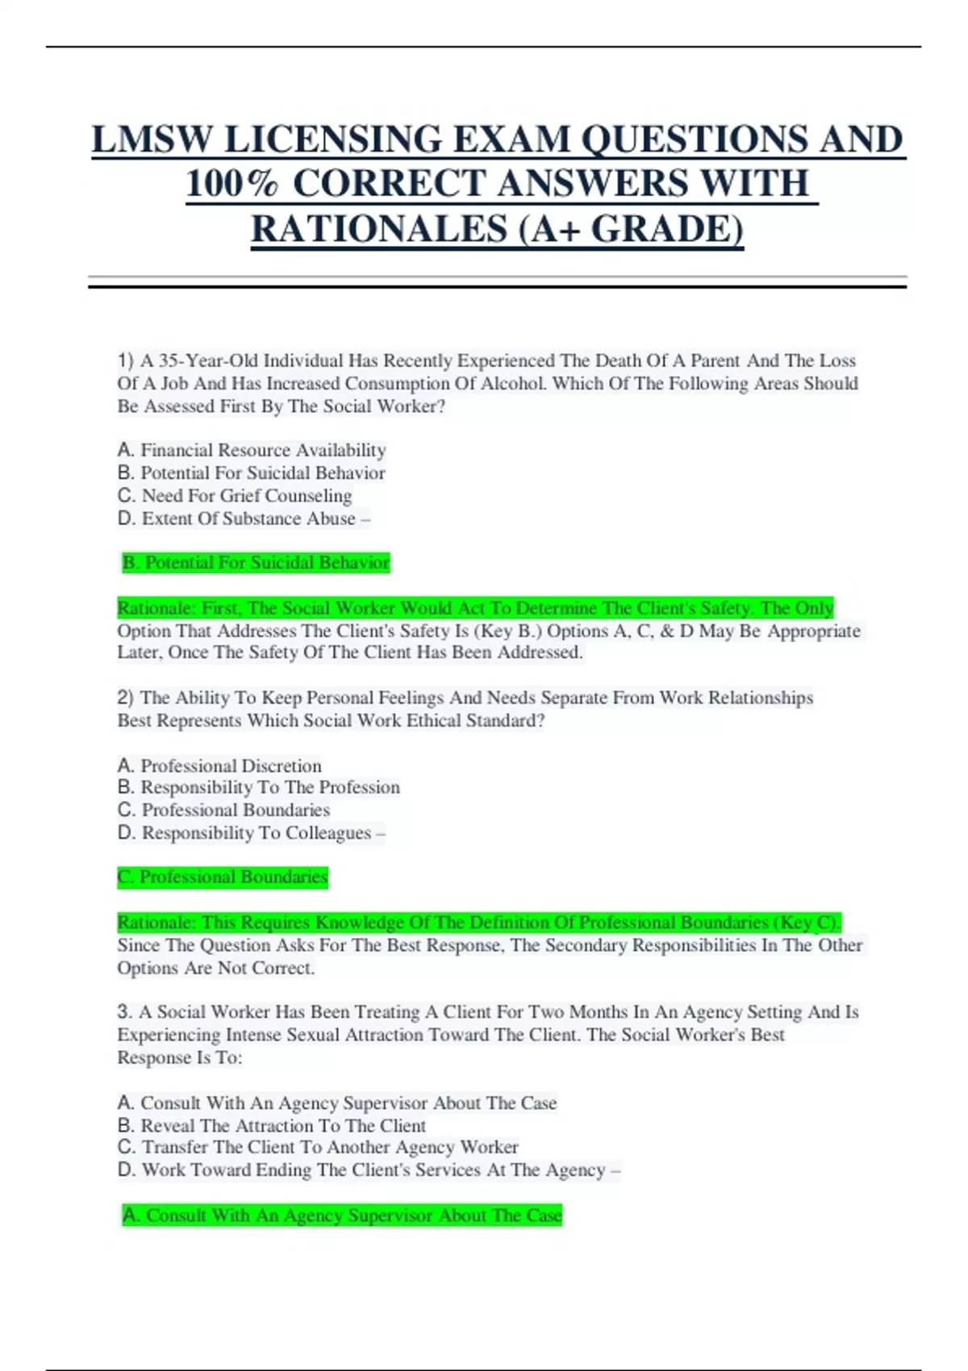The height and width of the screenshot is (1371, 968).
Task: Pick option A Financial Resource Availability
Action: click(252, 450)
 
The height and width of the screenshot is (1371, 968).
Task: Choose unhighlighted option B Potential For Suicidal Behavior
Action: click(252, 473)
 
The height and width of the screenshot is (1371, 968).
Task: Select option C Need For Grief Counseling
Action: click(235, 495)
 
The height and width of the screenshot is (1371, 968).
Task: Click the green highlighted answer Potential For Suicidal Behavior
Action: click(256, 563)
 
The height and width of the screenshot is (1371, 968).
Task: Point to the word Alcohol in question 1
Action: click(512, 383)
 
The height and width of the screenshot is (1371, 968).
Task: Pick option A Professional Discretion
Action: click(219, 765)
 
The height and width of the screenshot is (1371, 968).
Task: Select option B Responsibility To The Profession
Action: click(259, 787)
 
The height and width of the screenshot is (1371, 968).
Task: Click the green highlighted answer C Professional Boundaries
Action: click(223, 877)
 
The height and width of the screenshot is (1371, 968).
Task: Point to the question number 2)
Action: click(125, 698)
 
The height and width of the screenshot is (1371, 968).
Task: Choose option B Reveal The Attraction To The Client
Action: click(272, 1125)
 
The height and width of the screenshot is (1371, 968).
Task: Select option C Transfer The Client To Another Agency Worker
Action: click(318, 1147)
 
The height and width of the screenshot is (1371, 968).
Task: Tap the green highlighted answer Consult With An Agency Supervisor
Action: click(342, 1215)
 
